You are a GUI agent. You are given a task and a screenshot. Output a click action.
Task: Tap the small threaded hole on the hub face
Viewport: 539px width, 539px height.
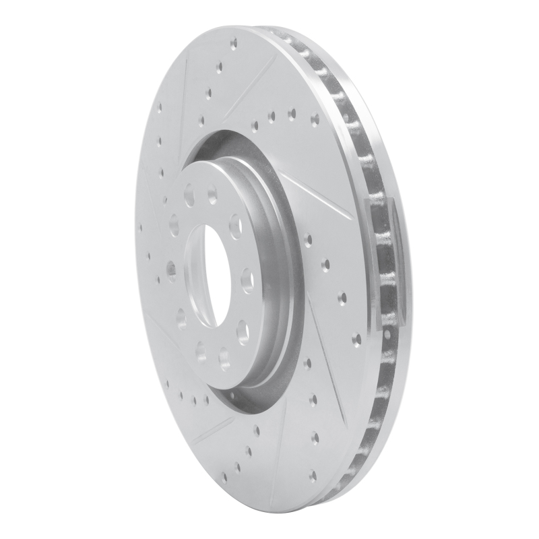(171, 271)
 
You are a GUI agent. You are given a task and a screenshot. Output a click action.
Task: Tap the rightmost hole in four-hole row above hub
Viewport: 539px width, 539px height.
(314, 119)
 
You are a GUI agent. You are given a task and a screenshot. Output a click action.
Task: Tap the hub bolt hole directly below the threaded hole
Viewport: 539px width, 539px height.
(181, 315)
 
